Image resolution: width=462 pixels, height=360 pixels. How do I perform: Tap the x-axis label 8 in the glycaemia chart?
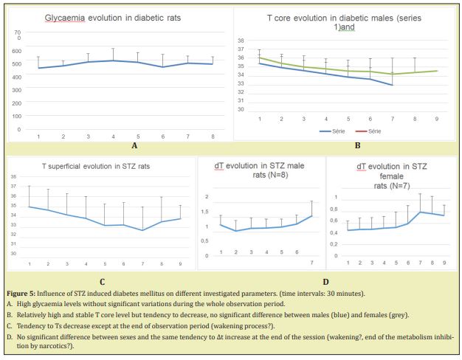click(212, 136)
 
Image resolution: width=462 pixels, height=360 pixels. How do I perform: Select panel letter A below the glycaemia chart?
click(115, 146)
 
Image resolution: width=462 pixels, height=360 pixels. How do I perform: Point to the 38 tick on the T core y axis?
click(241, 41)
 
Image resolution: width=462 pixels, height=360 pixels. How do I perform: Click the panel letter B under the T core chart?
click(357, 145)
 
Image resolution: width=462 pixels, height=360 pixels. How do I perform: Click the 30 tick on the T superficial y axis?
click(13, 254)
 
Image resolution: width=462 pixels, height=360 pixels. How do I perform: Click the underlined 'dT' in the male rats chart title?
click(218, 167)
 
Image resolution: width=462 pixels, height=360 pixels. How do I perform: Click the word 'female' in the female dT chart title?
click(389, 176)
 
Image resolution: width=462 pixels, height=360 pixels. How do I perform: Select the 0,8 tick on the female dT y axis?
click(336, 210)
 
